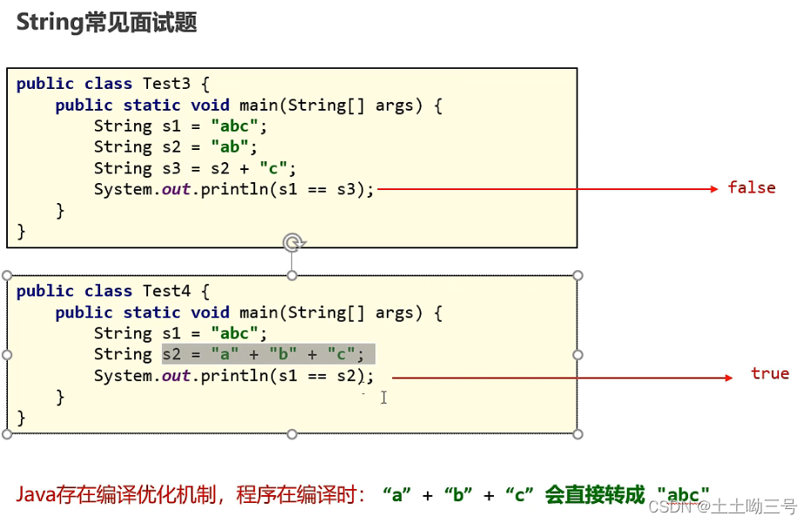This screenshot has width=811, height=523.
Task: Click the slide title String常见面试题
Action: (106, 23)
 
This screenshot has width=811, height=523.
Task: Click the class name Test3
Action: (166, 84)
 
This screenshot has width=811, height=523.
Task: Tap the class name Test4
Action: (166, 291)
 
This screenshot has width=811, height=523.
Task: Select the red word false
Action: (751, 188)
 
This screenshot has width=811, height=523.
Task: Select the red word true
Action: (769, 374)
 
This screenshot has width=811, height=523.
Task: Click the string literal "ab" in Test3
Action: (229, 147)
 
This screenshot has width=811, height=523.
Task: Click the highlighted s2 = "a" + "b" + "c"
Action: (268, 354)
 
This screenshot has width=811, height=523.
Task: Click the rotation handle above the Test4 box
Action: (293, 242)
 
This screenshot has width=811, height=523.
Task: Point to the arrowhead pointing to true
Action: (729, 377)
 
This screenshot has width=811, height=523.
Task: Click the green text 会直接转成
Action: (595, 495)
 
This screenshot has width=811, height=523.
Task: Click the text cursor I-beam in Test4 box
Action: (383, 397)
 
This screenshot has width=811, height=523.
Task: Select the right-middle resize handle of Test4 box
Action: (578, 355)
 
